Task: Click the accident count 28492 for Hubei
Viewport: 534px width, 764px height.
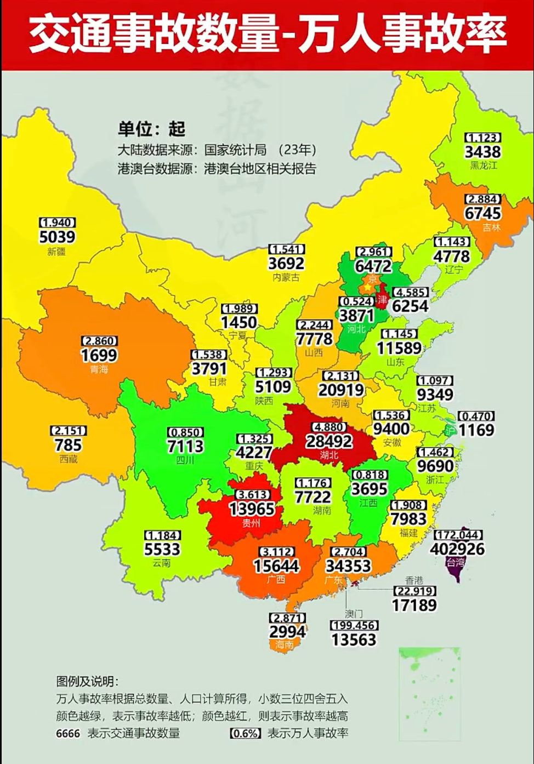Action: pyautogui.click(x=329, y=441)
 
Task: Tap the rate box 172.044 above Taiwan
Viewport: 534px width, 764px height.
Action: pyautogui.click(x=458, y=535)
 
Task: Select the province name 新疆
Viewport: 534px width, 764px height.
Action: pyautogui.click(x=56, y=252)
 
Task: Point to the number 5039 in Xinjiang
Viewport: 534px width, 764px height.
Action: pyautogui.click(x=57, y=237)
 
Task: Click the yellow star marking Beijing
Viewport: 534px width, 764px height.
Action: pyautogui.click(x=367, y=287)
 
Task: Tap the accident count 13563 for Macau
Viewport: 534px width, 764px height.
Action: pyautogui.click(x=354, y=640)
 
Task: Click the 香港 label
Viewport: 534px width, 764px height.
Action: pyautogui.click(x=414, y=580)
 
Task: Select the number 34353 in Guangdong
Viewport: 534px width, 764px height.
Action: pyautogui.click(x=348, y=566)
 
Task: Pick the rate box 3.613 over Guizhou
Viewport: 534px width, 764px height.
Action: pyautogui.click(x=253, y=495)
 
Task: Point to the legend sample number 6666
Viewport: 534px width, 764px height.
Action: pyautogui.click(x=68, y=733)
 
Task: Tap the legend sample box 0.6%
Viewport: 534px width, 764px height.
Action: pyautogui.click(x=245, y=733)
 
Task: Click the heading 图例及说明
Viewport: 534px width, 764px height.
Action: pyautogui.click(x=87, y=681)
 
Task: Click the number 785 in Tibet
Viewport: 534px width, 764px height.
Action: pyautogui.click(x=68, y=445)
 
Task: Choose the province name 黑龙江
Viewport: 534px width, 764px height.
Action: pyautogui.click(x=483, y=165)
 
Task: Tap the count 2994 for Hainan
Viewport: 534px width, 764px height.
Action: pyautogui.click(x=287, y=631)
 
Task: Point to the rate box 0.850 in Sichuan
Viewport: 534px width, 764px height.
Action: pyautogui.click(x=185, y=432)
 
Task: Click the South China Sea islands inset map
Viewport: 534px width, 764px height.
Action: pyautogui.click(x=429, y=691)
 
